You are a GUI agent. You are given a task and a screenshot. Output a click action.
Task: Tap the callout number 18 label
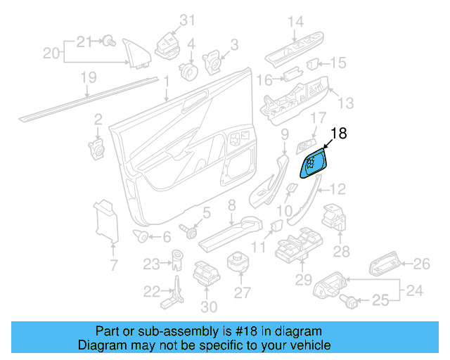338,133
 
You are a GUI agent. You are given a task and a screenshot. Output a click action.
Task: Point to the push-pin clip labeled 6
141,236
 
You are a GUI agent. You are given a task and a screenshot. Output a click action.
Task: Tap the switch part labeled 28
333,219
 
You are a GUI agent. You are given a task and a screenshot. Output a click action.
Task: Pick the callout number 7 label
113,265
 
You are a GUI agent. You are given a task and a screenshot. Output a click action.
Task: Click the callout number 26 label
421,264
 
